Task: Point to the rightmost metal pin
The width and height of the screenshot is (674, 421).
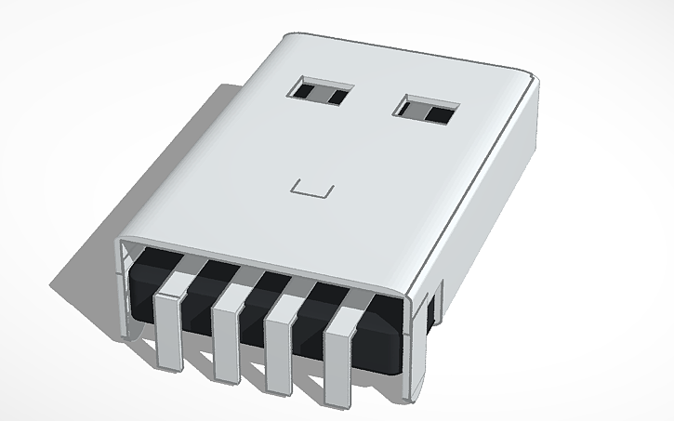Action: [x=341, y=354]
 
